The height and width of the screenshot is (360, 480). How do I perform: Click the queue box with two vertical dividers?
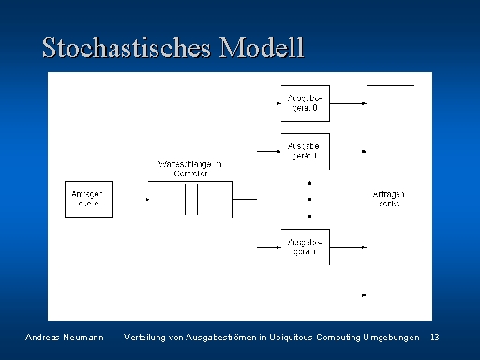(190, 199)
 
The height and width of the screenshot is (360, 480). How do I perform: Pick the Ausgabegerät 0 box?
(305, 103)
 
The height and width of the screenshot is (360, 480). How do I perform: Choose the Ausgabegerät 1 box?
(305, 151)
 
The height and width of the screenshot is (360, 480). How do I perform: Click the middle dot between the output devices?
(309, 199)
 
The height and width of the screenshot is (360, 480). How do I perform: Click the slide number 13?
(434, 337)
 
